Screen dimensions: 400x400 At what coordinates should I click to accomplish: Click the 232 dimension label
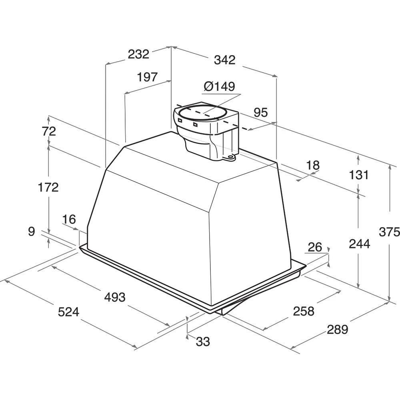click(x=138, y=54)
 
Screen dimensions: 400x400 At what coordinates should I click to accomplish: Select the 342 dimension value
click(x=224, y=60)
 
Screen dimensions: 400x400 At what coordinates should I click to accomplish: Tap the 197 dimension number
click(x=148, y=77)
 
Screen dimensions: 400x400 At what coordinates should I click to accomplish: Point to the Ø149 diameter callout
click(x=219, y=86)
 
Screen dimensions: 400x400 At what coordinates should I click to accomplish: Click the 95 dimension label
click(x=261, y=112)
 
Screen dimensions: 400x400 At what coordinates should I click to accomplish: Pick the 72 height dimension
click(x=48, y=131)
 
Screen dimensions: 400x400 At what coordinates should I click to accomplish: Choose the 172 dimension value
click(x=48, y=188)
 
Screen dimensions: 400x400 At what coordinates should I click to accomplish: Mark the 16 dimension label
click(x=69, y=219)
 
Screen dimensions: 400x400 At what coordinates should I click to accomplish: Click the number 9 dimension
click(x=31, y=232)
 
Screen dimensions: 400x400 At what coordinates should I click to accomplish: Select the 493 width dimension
click(x=115, y=297)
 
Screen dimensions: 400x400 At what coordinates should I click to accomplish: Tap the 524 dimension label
click(x=69, y=312)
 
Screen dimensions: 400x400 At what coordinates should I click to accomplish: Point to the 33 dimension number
click(x=203, y=341)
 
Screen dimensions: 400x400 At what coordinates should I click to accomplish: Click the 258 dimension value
click(x=304, y=311)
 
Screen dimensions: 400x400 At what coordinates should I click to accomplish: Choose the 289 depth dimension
click(x=338, y=329)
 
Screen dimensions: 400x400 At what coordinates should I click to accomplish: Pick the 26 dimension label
click(x=315, y=247)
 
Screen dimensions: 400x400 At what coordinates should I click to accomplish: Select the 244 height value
click(x=359, y=244)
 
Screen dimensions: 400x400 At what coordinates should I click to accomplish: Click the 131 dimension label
click(x=359, y=175)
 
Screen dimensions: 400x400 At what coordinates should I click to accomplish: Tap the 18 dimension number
click(x=313, y=165)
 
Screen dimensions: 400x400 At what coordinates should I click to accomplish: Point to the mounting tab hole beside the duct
click(x=231, y=157)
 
